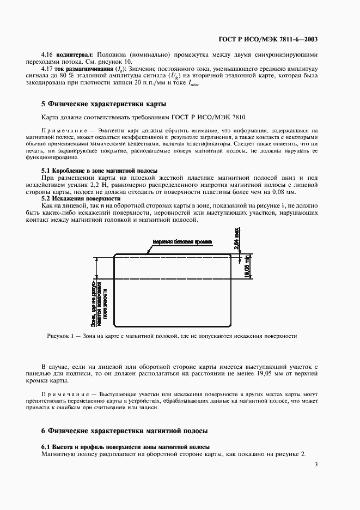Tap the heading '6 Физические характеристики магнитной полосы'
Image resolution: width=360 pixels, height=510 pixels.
tap(125, 430)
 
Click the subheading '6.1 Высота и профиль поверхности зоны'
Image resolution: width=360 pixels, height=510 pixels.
tap(126, 447)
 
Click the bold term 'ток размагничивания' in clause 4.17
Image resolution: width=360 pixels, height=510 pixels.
tap(83, 69)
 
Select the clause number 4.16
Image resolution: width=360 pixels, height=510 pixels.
tap(47, 55)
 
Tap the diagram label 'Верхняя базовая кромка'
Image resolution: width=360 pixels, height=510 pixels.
tap(182, 241)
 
